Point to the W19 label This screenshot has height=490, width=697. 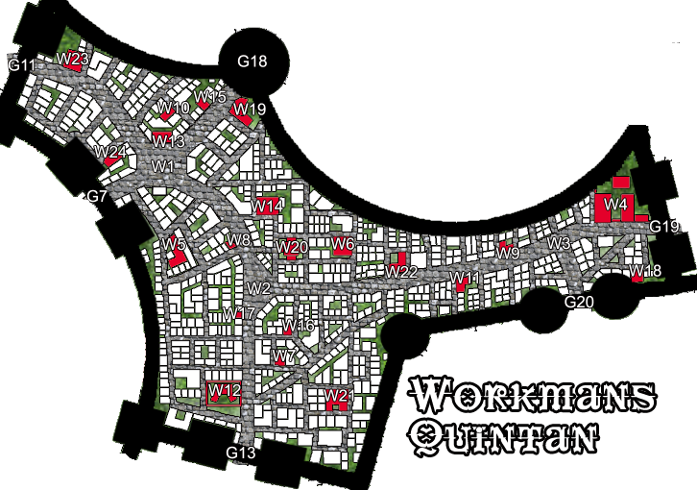pos(249,110)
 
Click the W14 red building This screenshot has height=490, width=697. pos(268,206)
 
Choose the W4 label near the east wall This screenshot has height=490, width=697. pos(615,205)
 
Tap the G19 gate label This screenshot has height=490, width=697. pos(664,227)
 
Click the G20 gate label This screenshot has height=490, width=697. pos(580,302)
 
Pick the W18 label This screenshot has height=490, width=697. pos(645,272)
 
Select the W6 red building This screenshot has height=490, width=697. pos(344,244)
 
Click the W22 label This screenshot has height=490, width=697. pos(401,272)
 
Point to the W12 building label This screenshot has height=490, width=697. pos(224,390)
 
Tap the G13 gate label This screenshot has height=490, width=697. pos(241,453)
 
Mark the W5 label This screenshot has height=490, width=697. pos(173,244)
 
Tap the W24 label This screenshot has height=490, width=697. pos(110,152)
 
